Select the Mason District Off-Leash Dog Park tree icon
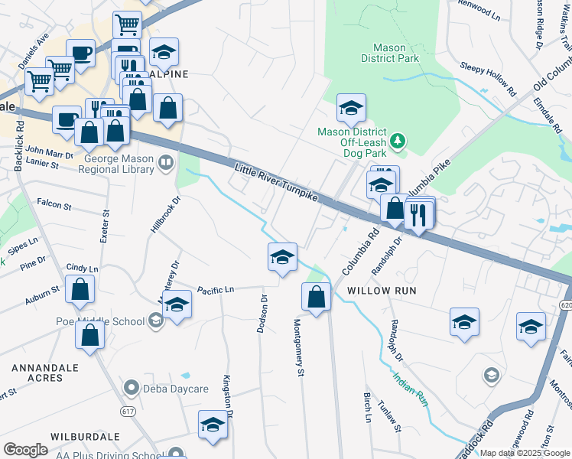[398, 141]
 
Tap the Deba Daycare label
[174, 389]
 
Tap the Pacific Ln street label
[215, 289]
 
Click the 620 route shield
[566, 304]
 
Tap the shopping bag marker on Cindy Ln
[80, 289]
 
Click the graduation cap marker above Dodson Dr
[282, 257]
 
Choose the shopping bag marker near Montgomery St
[316, 296]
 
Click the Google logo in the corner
[25, 450]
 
